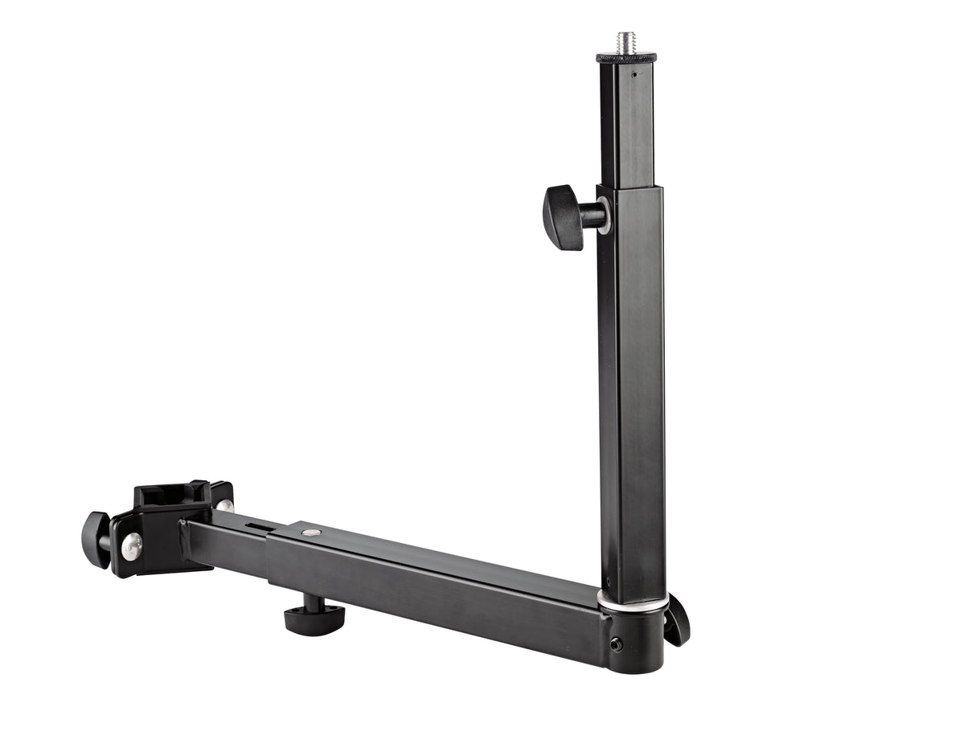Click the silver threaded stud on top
click(x=625, y=42)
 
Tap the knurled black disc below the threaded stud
click(x=625, y=57)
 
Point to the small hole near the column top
click(x=634, y=75)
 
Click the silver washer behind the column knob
click(x=604, y=216)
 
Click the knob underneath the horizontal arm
click(x=314, y=618)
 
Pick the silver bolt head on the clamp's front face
click(x=132, y=547)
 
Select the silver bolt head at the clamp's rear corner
click(x=224, y=505)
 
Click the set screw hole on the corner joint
click(x=615, y=644)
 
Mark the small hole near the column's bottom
click(x=608, y=582)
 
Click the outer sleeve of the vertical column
click(x=631, y=386)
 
